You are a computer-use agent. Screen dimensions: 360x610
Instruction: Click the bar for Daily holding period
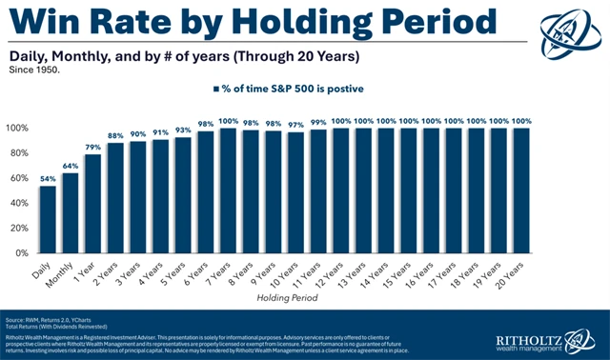click(48, 220)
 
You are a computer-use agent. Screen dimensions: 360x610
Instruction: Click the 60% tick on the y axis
click(20, 178)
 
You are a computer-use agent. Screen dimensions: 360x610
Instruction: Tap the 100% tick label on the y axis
click(18, 128)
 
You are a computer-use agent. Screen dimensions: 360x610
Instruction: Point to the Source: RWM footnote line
click(57, 316)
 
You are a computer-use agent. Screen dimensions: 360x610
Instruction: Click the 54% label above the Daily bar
click(48, 177)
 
